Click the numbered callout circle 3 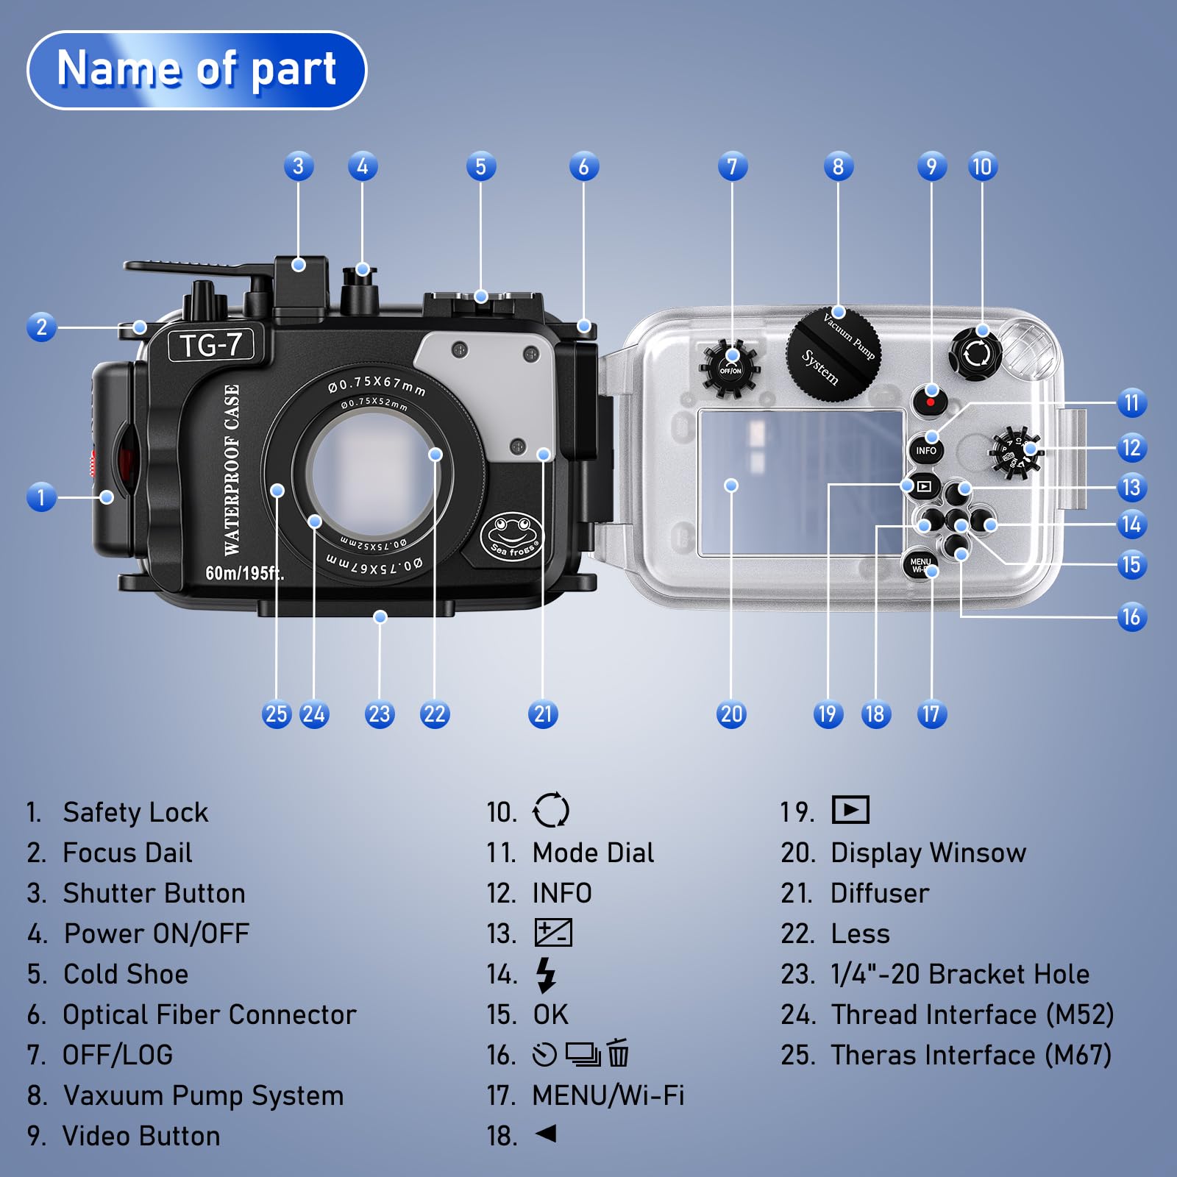coord(298,167)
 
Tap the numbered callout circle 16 coord(1131,616)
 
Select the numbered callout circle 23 coord(379,714)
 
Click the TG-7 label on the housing coord(210,345)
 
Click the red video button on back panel coord(931,402)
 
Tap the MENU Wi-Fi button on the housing coord(920,564)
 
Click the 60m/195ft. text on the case coord(244,572)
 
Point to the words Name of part coord(196,69)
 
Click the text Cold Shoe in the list coord(126,974)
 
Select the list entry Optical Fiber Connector coord(210,1014)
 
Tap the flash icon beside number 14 coord(546,975)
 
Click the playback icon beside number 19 coord(850,811)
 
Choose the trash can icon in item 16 coord(618,1053)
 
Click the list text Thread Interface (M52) coord(972,1014)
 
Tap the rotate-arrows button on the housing coord(976,354)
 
